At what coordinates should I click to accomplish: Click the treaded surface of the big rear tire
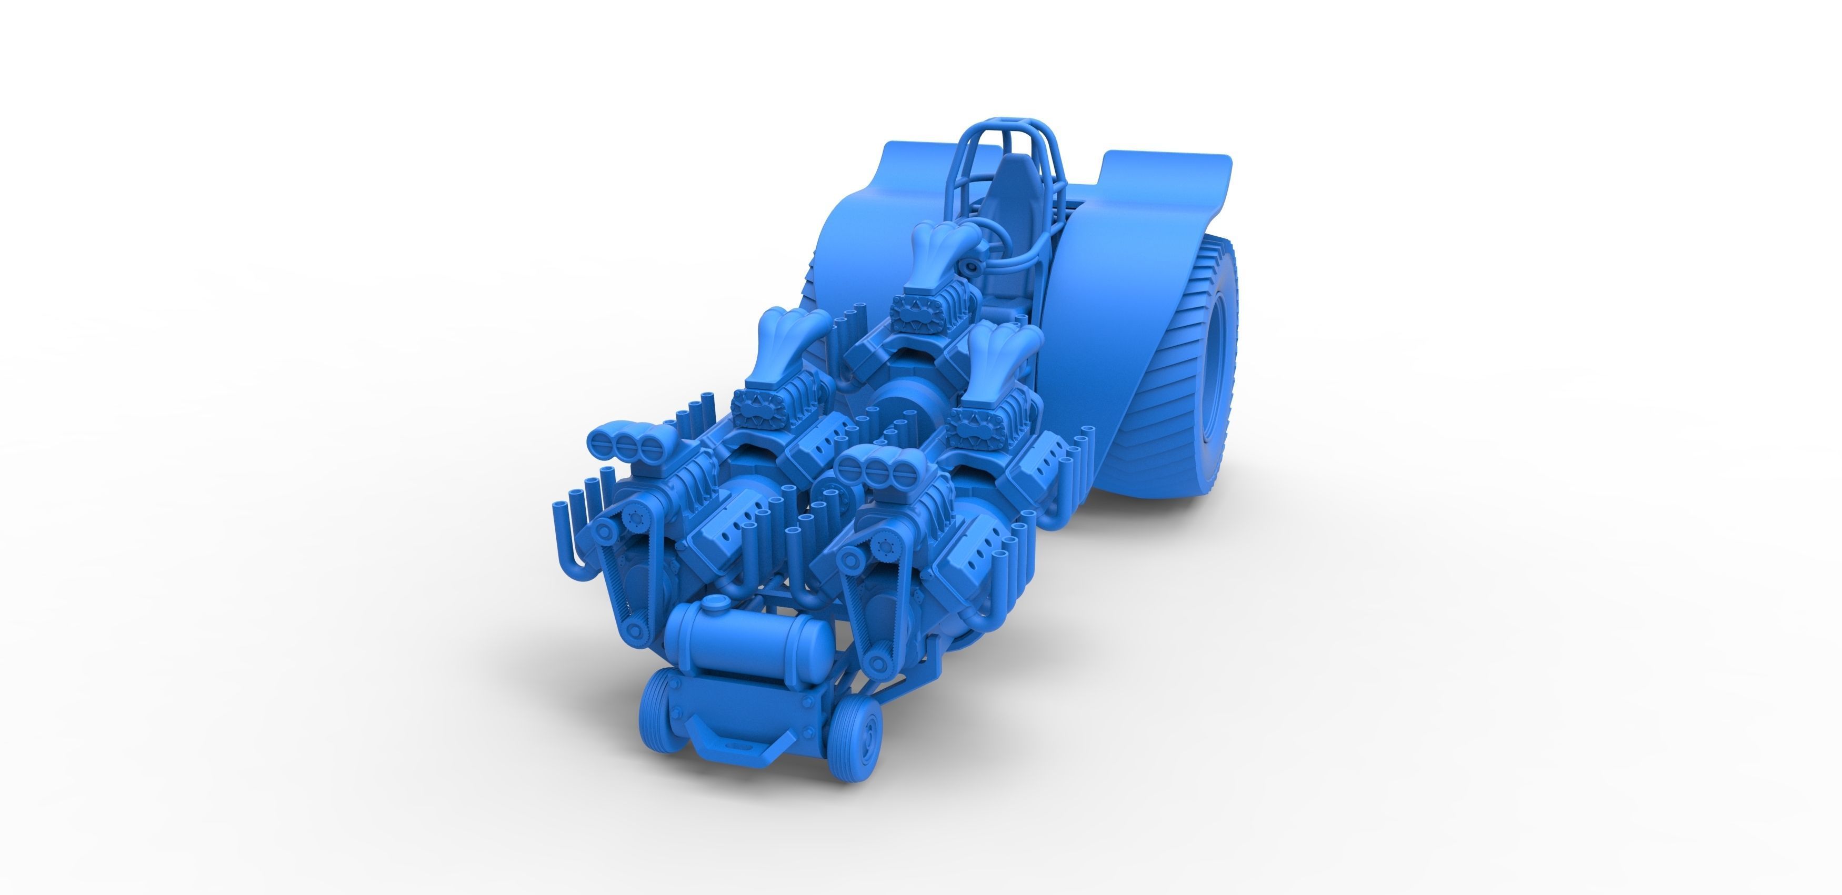click(x=1173, y=400)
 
